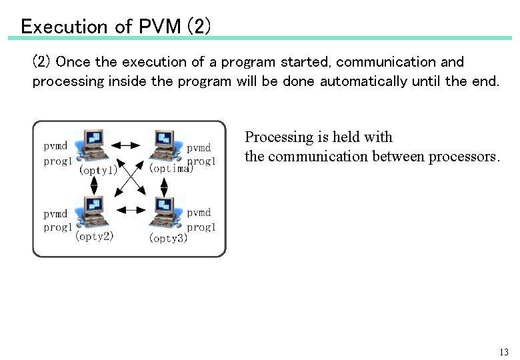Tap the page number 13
pyautogui.click(x=503, y=351)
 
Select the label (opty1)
pyautogui.click(x=99, y=170)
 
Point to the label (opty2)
pyautogui.click(x=94, y=236)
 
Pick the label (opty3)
pyautogui.click(x=168, y=237)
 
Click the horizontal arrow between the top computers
pyautogui.click(x=125, y=144)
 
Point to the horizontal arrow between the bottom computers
pyautogui.click(x=131, y=209)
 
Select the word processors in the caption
pyautogui.click(x=461, y=157)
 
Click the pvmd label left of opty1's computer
pyautogui.click(x=55, y=146)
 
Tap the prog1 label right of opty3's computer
pyautogui.click(x=201, y=227)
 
